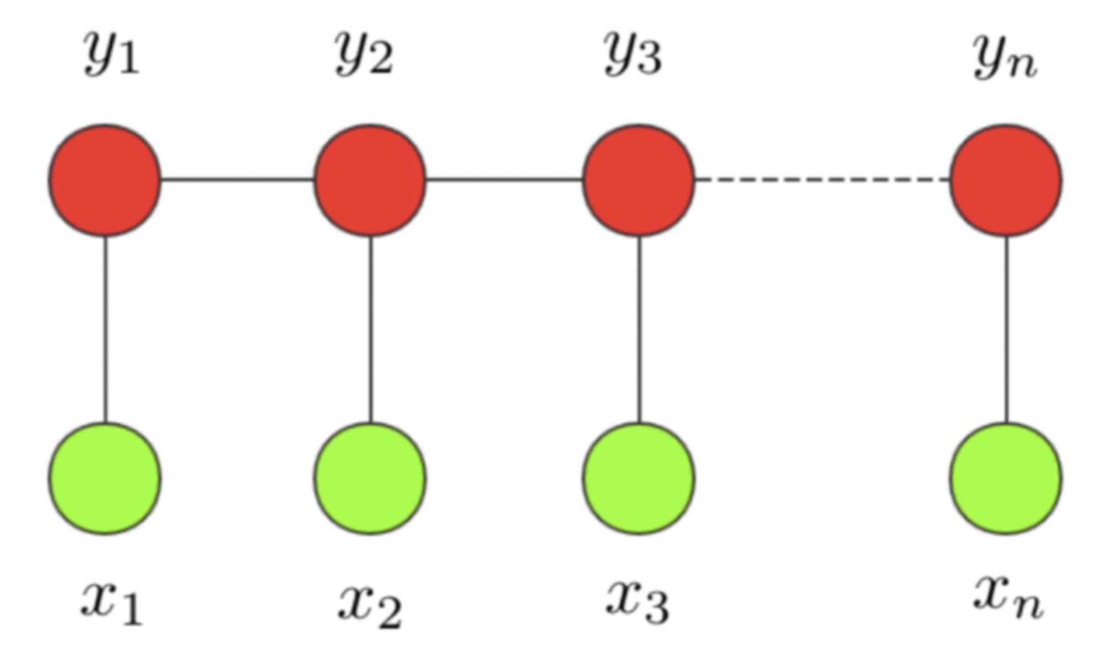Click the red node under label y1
click(x=105, y=180)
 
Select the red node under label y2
click(x=370, y=180)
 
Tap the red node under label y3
click(x=639, y=180)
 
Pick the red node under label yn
click(x=1006, y=180)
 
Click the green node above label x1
click(x=105, y=478)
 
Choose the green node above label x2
click(x=370, y=478)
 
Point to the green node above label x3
click(x=639, y=478)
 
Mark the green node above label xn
click(x=1006, y=478)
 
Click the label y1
click(x=111, y=53)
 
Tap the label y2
click(x=365, y=53)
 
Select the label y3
click(x=633, y=53)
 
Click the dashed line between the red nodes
click(x=822, y=179)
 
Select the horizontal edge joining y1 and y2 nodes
click(x=237, y=179)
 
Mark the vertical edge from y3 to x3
click(x=639, y=329)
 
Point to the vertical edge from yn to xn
click(x=1007, y=329)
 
